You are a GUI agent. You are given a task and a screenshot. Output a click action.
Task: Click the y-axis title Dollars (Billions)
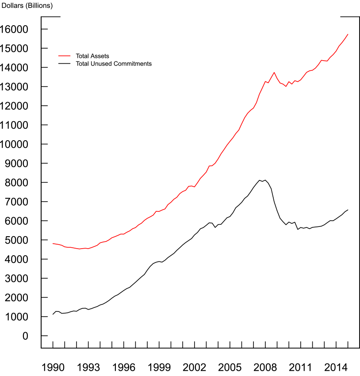click(x=27, y=6)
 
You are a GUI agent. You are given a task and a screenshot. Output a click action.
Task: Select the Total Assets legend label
click(x=92, y=56)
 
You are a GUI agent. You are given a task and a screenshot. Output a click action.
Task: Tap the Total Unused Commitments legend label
click(x=114, y=64)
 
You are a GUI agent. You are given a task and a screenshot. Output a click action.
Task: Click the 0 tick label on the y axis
click(x=25, y=336)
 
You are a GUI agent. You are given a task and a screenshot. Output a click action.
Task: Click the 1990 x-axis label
click(x=53, y=367)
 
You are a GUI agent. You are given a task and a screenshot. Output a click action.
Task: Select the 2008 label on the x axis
click(x=265, y=367)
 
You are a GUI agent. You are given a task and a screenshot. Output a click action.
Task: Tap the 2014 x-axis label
click(x=336, y=367)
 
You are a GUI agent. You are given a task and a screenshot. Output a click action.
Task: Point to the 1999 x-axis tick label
click(x=159, y=367)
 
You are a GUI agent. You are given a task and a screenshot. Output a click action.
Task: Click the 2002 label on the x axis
click(x=195, y=367)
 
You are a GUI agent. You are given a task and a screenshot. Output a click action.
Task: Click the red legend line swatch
click(x=65, y=56)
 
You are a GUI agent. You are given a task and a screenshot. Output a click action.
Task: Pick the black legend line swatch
click(x=65, y=64)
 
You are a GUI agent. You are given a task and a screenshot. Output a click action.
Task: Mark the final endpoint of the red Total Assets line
click(x=348, y=34)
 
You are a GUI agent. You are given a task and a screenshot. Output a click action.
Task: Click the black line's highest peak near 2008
click(x=265, y=180)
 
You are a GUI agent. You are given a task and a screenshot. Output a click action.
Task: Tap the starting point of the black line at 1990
click(x=53, y=314)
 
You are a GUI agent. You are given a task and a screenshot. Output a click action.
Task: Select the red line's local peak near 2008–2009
click(x=274, y=73)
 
